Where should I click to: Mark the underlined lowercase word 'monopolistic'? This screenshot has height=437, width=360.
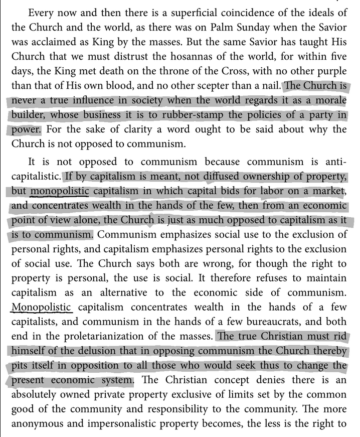click(60, 191)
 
